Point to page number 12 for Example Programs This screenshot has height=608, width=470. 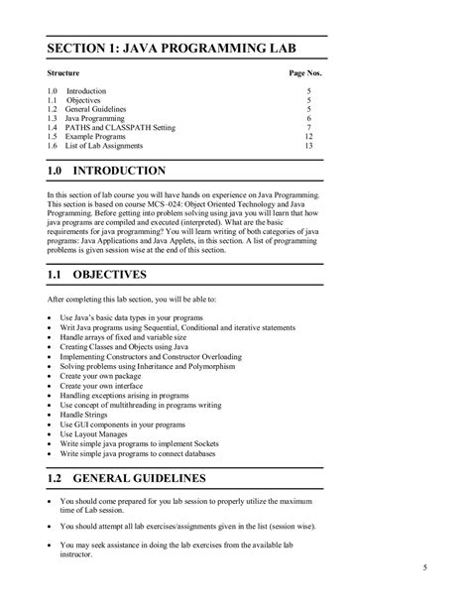click(x=308, y=137)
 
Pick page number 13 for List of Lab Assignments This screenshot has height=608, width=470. click(x=308, y=146)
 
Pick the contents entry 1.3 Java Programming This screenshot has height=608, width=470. click(x=102, y=118)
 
